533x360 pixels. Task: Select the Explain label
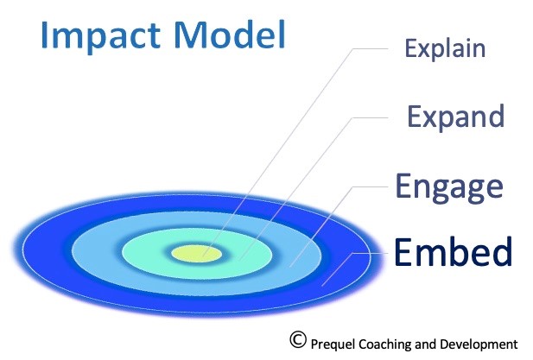tap(445, 47)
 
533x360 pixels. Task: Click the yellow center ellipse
tap(196, 253)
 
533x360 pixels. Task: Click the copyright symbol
tap(299, 339)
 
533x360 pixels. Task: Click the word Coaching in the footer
tap(390, 343)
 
